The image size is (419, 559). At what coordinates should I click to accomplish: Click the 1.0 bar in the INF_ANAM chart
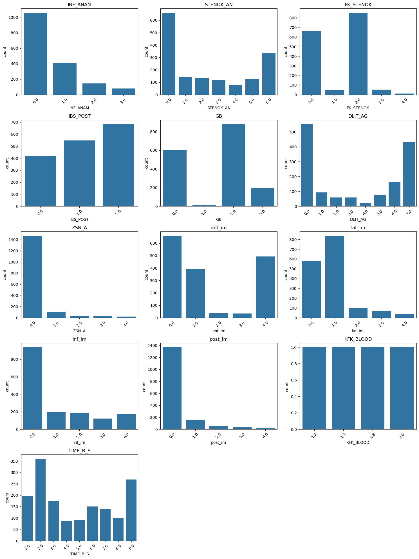coord(65,79)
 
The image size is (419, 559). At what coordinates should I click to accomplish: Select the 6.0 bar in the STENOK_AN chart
coord(269,74)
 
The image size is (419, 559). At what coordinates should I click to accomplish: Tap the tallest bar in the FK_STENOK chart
coord(358,54)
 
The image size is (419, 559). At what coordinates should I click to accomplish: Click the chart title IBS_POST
coord(79,116)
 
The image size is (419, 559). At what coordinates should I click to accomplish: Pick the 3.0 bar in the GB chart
coord(263,197)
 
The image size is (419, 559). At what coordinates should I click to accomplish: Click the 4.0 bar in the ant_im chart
coord(265,287)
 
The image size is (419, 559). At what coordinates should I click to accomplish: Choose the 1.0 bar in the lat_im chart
coord(335,277)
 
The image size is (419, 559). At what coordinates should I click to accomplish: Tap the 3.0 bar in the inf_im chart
coord(103,424)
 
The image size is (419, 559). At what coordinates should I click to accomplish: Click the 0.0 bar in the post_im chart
coord(172,388)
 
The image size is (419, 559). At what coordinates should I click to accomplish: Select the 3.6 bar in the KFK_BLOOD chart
coord(402,388)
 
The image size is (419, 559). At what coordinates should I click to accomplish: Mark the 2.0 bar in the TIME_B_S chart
coord(41,500)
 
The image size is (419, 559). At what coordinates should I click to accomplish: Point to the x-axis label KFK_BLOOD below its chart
coord(358,442)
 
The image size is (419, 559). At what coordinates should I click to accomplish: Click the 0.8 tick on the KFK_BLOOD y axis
coord(294,364)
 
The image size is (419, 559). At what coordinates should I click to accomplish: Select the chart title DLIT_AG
coord(358,116)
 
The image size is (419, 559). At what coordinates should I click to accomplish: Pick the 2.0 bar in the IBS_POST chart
coord(118,165)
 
